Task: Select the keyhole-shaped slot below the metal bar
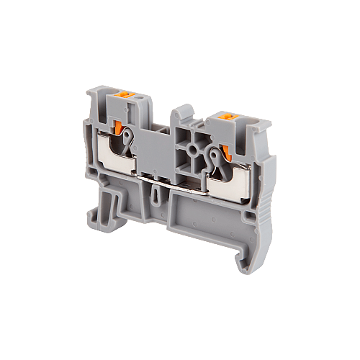click(158, 193)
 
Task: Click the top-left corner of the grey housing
click(91, 93)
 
